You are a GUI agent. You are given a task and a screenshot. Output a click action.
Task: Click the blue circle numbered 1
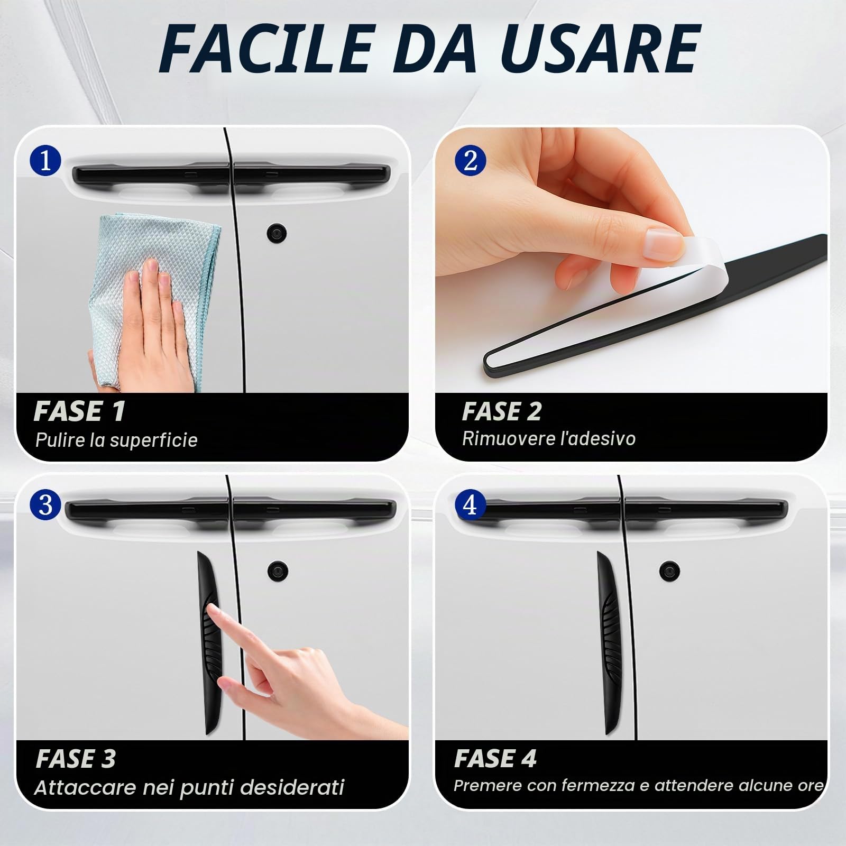45,160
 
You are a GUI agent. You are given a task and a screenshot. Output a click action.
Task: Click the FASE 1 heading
79,411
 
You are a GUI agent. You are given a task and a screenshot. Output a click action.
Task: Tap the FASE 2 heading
502,411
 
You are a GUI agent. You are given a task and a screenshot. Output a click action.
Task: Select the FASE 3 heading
76,758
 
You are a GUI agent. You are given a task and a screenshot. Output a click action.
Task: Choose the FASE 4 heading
495,758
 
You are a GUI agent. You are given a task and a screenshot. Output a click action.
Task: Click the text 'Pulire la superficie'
116,440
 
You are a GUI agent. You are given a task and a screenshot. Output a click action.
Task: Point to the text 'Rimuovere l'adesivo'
549,438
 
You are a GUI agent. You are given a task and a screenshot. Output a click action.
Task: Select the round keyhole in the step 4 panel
670,571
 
